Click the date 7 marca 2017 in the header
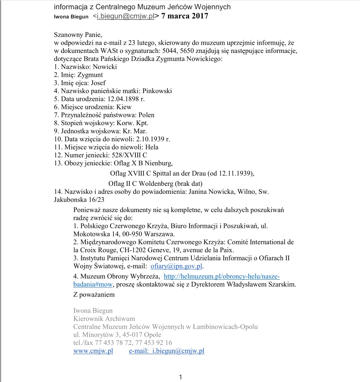tap(184, 16)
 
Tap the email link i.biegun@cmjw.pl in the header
tap(125, 16)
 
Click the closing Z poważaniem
tap(94, 295)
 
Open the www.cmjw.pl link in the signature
tap(93, 351)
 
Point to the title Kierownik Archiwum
tap(104, 319)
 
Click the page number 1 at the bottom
tap(180, 377)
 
